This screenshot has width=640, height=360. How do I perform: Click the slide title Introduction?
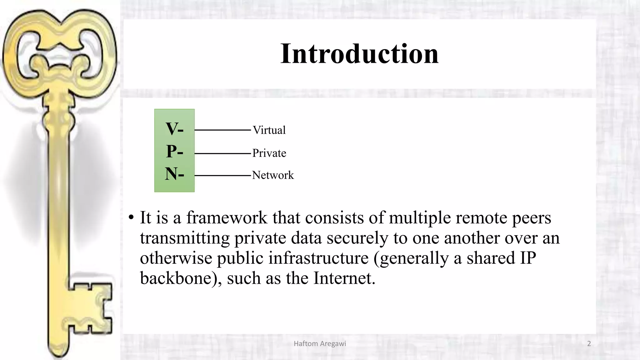pyautogui.click(x=359, y=54)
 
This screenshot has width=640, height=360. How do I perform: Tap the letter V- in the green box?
pyautogui.click(x=174, y=129)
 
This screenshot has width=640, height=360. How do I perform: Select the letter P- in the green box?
pyautogui.click(x=174, y=152)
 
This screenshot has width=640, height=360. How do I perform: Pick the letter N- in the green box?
pyautogui.click(x=174, y=174)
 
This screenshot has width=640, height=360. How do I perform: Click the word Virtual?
pyautogui.click(x=269, y=130)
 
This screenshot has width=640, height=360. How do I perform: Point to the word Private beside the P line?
pyautogui.click(x=269, y=153)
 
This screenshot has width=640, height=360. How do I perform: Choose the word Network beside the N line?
pyautogui.click(x=273, y=175)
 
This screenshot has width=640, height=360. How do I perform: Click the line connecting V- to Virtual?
pyautogui.click(x=222, y=130)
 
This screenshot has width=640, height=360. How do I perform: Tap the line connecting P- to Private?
pyautogui.click(x=222, y=153)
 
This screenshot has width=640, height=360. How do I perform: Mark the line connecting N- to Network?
pyautogui.click(x=222, y=176)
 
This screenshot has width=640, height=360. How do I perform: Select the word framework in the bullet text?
pyautogui.click(x=227, y=217)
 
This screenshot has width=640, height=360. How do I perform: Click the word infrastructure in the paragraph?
pyautogui.click(x=318, y=258)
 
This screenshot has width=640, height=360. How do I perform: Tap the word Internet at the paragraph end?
pyautogui.click(x=344, y=278)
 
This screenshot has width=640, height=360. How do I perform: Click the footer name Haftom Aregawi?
pyautogui.click(x=320, y=344)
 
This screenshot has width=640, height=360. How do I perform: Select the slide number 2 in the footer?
pyautogui.click(x=589, y=344)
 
